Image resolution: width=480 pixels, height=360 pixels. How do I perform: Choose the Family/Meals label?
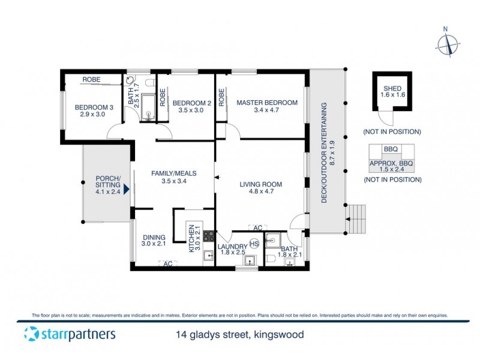coord(174,177)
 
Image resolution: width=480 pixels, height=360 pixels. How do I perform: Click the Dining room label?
coord(153,240)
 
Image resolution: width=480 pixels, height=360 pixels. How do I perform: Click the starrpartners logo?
coord(69,334)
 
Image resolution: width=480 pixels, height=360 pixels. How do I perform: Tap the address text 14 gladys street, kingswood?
coord(235,335)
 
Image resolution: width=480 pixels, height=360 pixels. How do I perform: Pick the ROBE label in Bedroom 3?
coord(91,79)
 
